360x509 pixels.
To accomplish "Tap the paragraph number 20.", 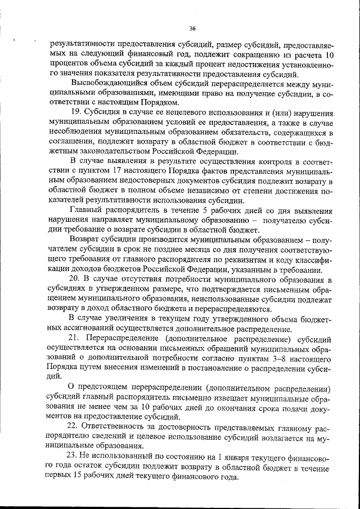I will [x=75, y=279].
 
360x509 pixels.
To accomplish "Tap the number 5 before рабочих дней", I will [x=187, y=210].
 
